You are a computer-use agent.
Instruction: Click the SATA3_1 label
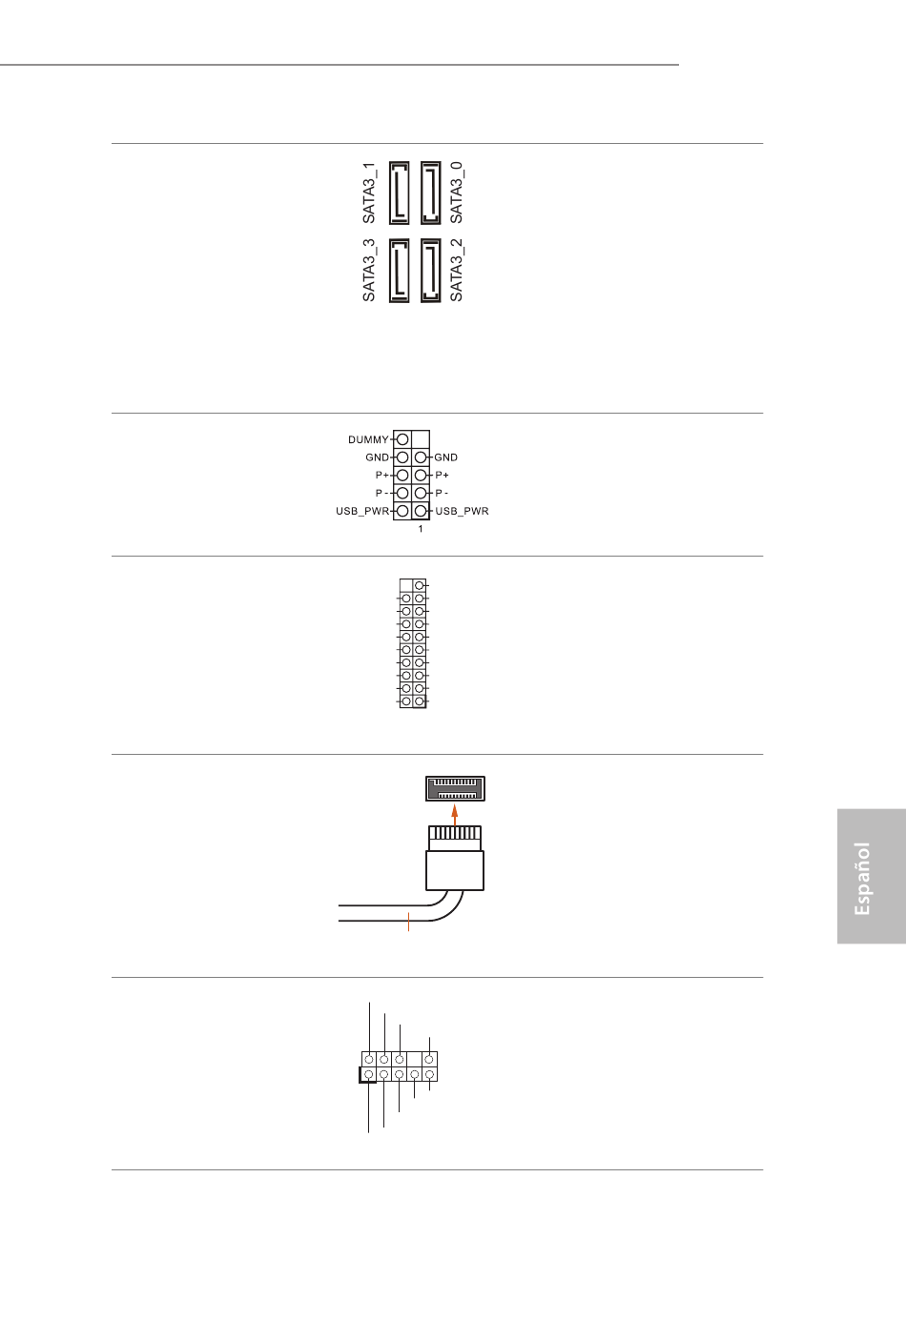click(x=369, y=193)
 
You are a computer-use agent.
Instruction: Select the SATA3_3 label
click(x=369, y=271)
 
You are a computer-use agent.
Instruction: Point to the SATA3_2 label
click(x=457, y=271)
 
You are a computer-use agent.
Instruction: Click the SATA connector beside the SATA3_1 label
click(x=399, y=193)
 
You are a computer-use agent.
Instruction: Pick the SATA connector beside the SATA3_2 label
click(x=430, y=271)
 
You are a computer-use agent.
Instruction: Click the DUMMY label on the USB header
click(x=368, y=440)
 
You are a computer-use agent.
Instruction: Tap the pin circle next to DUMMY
click(x=402, y=440)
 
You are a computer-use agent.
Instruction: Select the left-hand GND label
click(x=377, y=457)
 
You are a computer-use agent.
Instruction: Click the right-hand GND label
click(x=446, y=457)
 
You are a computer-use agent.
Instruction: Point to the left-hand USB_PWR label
click(x=362, y=512)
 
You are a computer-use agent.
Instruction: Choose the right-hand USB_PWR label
click(x=462, y=512)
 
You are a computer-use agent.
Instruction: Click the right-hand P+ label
click(x=442, y=475)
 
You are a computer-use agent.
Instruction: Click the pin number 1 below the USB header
click(x=421, y=529)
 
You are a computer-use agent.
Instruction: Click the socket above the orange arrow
click(x=455, y=789)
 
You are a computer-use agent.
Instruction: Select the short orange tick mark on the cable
click(x=408, y=922)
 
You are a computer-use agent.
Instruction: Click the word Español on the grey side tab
click(x=863, y=878)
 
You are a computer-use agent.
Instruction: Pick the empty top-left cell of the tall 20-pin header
click(x=406, y=585)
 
